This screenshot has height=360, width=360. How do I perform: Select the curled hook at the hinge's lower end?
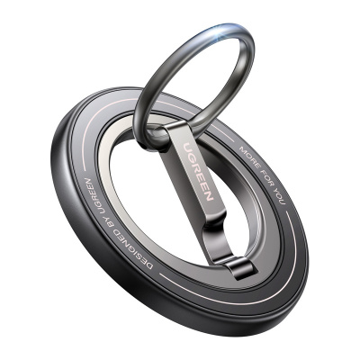click(x=238, y=268)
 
